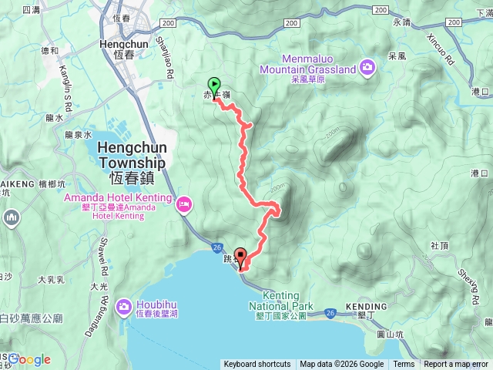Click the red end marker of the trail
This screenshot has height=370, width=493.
(240, 257)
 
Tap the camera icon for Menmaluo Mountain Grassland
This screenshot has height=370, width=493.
(368, 69)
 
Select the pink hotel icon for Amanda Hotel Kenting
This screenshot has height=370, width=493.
(183, 204)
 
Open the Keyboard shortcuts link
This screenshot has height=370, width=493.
(257, 365)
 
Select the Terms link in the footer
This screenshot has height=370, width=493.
(404, 365)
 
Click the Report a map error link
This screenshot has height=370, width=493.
(457, 365)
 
